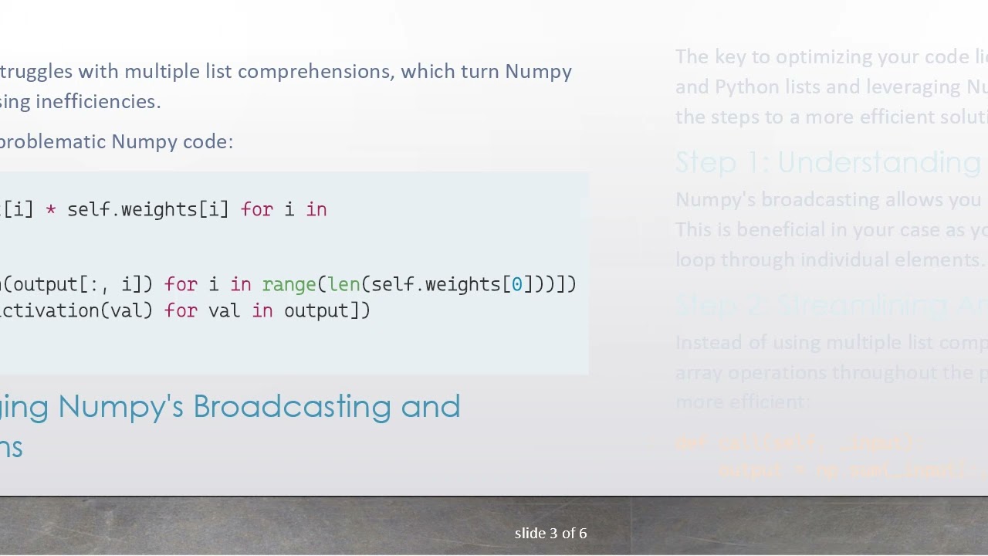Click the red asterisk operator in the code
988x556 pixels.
[50, 210]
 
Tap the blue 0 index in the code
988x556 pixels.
[517, 285]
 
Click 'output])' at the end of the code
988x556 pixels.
[327, 310]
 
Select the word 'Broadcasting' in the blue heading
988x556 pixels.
[292, 407]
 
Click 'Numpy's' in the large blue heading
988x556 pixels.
[120, 407]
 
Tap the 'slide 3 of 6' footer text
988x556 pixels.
[550, 534]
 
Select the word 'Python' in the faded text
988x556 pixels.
[746, 87]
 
